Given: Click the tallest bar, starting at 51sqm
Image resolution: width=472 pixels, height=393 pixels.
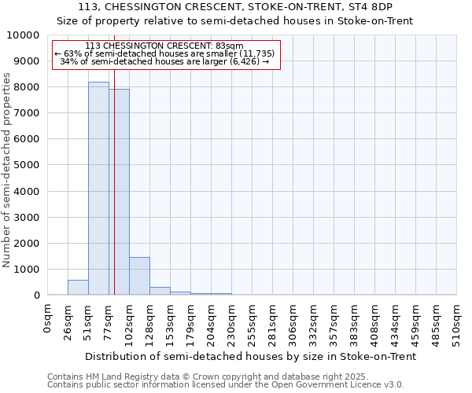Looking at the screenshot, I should point(98,189).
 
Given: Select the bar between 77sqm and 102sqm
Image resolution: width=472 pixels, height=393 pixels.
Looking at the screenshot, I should point(119,192).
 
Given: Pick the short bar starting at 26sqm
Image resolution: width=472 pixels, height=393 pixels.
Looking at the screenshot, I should point(78,288).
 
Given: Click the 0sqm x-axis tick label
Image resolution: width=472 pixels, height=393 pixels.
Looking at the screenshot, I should point(48,321).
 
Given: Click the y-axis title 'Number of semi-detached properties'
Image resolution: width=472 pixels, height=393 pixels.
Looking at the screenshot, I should point(7,170).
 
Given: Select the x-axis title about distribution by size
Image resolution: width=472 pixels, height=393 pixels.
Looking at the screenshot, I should point(250,356).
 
